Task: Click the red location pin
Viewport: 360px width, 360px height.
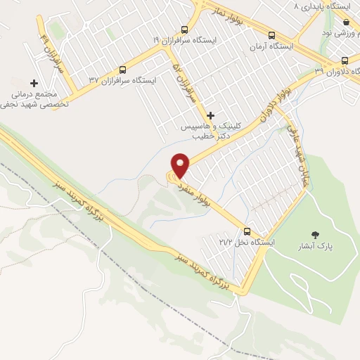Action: (x=181, y=165)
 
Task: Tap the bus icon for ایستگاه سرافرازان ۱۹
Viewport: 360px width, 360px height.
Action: (x=184, y=30)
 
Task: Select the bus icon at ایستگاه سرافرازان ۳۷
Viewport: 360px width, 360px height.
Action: (x=123, y=70)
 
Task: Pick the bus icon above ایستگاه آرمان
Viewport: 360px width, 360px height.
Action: (x=271, y=34)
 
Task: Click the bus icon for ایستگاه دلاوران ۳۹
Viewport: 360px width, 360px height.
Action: (x=345, y=60)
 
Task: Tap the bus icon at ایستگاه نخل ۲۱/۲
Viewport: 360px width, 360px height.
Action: (x=247, y=231)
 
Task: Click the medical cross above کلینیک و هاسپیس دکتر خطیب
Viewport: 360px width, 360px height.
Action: (x=210, y=115)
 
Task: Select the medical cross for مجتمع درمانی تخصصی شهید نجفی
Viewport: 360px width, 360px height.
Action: (x=34, y=83)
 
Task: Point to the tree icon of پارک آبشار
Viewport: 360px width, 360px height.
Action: (x=314, y=235)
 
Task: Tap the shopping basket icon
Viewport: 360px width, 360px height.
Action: (x=345, y=22)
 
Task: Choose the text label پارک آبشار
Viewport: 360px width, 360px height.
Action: (x=314, y=247)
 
